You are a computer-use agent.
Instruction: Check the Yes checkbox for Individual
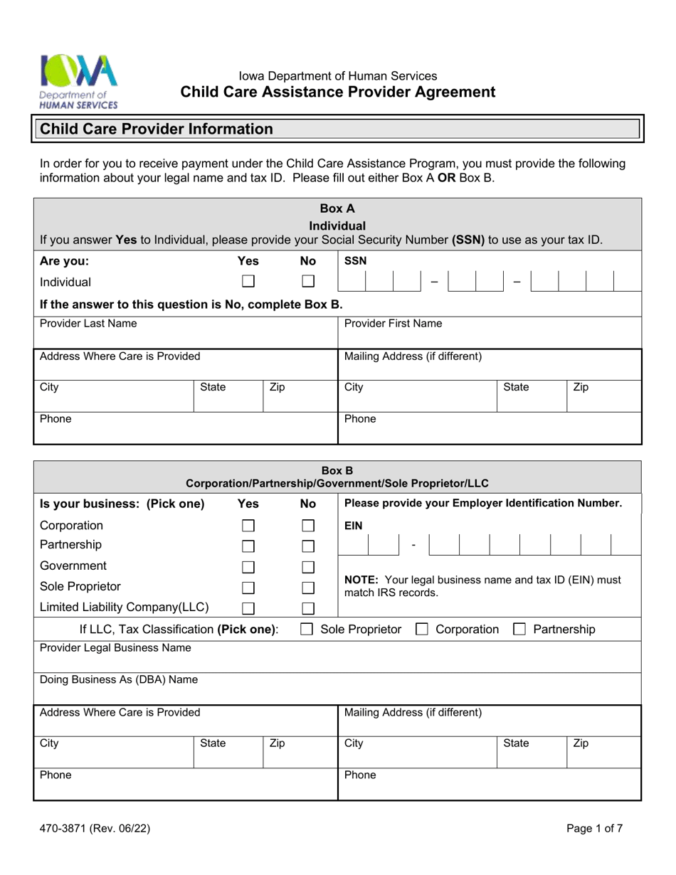point(248,282)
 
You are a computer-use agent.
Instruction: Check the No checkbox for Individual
point(307,282)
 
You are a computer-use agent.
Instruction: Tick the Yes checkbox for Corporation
point(248,526)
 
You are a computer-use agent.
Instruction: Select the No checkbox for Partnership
point(307,546)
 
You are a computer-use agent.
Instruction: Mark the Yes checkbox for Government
point(248,567)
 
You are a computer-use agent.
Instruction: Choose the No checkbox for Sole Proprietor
point(307,588)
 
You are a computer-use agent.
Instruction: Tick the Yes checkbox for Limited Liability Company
point(248,608)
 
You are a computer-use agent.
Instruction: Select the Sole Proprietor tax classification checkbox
point(307,630)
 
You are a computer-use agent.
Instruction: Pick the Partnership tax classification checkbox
point(519,630)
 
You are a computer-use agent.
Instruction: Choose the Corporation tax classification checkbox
point(421,630)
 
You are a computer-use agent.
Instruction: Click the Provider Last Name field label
point(88,324)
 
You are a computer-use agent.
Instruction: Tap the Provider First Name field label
point(393,324)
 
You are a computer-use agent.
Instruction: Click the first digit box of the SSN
point(352,282)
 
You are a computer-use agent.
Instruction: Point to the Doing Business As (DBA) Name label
point(119,679)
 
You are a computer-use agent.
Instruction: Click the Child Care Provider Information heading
point(156,129)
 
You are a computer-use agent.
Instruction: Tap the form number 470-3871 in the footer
point(95,828)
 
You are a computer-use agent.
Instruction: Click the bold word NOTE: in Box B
point(360,580)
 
